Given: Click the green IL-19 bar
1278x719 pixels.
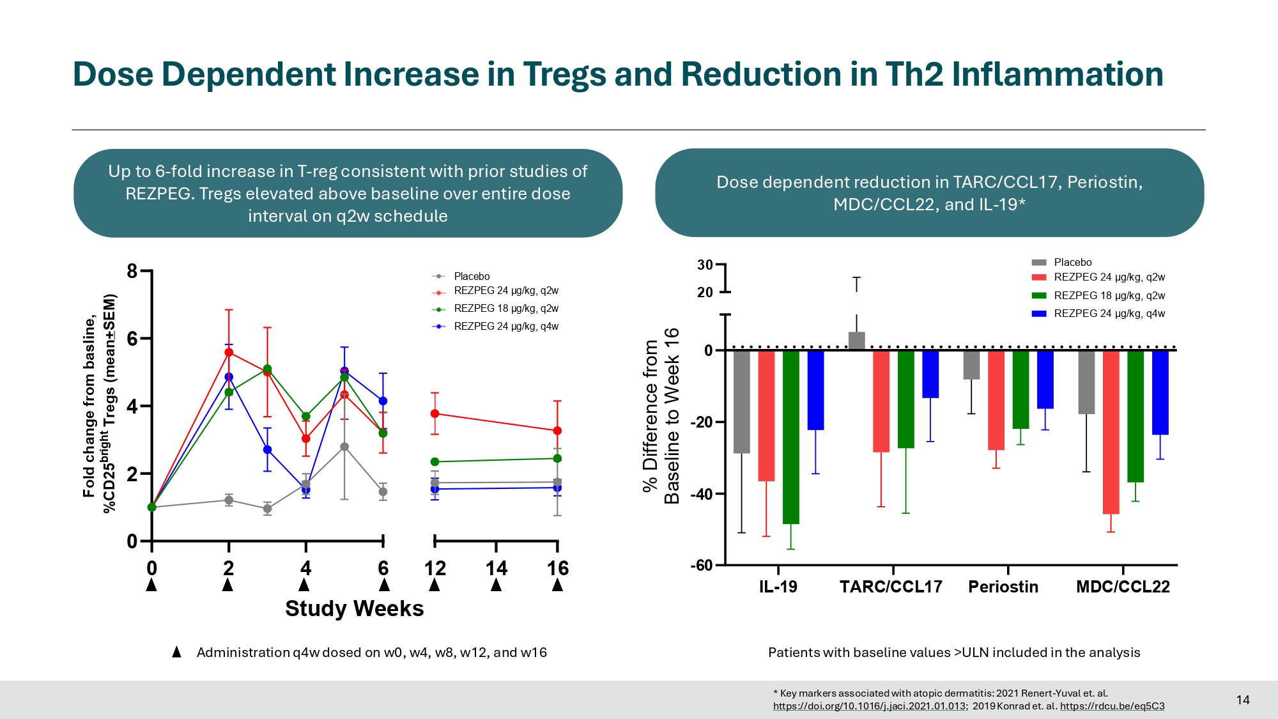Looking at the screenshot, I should (790, 437).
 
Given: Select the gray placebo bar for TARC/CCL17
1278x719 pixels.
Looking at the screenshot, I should (856, 341).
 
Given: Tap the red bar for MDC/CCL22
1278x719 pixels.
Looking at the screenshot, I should (1111, 432).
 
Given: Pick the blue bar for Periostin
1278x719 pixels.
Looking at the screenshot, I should (1045, 379).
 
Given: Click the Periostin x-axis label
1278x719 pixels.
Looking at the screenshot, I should (1003, 587).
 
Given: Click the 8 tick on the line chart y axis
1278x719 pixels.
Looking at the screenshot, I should (132, 271).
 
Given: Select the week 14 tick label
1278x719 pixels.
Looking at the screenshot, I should (496, 568).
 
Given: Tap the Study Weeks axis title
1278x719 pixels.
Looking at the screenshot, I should (354, 608).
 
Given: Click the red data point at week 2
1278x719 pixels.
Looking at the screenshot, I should (229, 352).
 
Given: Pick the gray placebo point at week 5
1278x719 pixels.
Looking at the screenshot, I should (344, 447).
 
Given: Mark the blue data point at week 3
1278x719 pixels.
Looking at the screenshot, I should (267, 450).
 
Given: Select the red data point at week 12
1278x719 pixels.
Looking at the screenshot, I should (435, 414).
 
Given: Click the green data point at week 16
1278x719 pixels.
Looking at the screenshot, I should (557, 458).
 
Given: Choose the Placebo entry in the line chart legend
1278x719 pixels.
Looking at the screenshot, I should (471, 276).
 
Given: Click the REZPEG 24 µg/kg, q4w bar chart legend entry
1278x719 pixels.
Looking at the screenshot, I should (1109, 313).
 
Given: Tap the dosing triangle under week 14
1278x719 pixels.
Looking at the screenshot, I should (496, 585).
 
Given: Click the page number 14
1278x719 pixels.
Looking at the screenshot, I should (1242, 700).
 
